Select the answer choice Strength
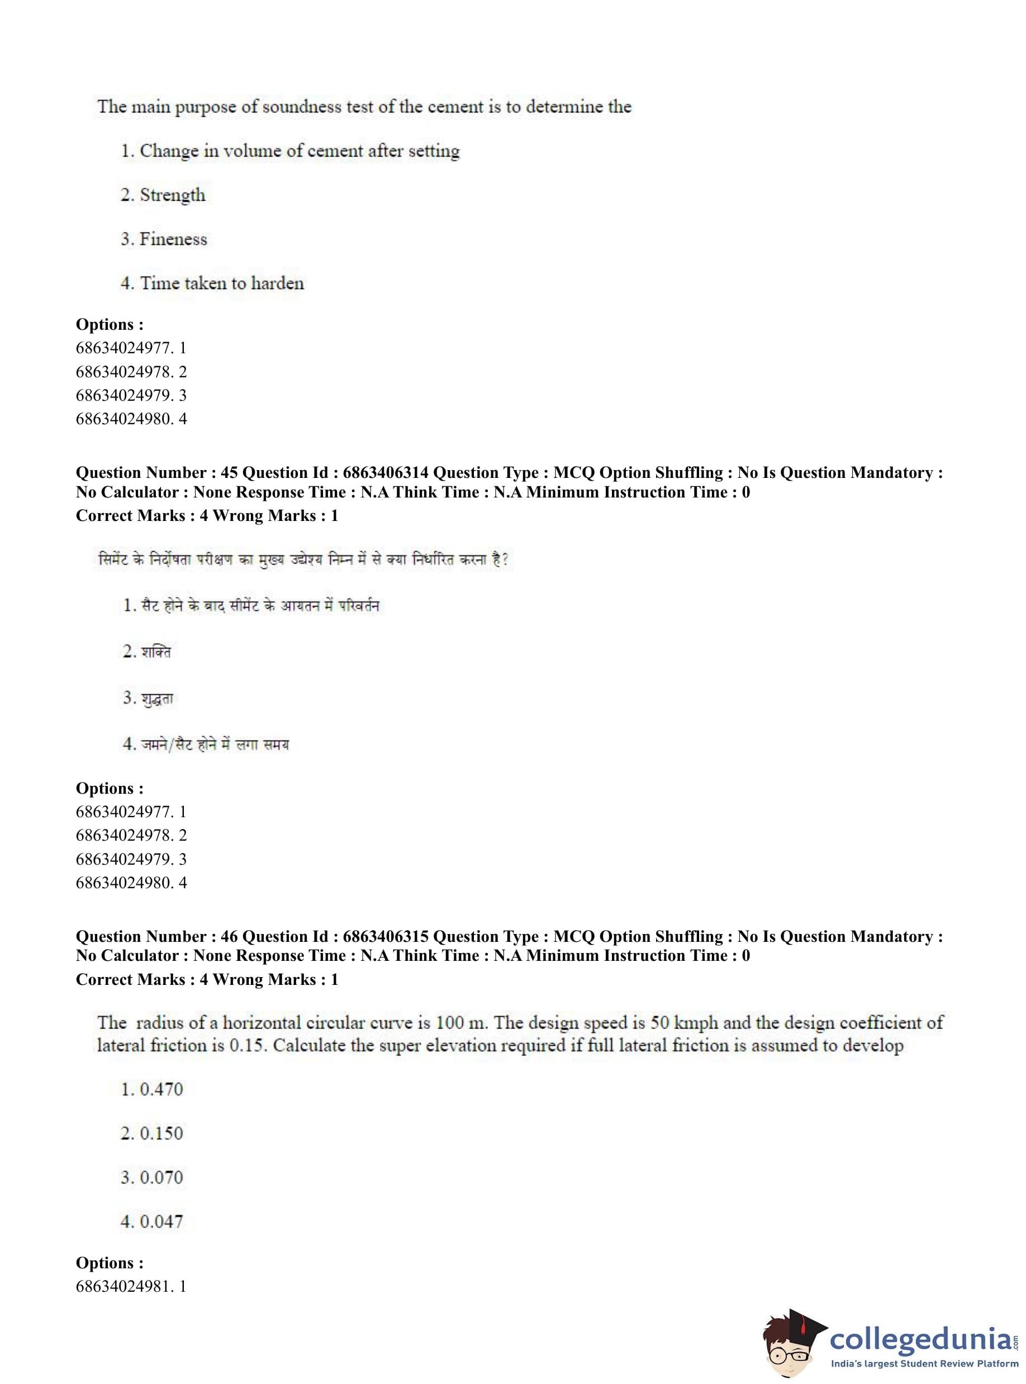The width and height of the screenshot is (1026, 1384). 172,195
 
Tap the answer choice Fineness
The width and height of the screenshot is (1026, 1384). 173,239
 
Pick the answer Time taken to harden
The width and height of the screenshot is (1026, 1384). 221,283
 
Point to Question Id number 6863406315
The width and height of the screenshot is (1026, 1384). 385,936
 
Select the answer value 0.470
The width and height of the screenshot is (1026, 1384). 161,1089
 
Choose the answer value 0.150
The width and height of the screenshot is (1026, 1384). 161,1133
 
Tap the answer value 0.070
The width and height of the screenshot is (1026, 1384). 161,1177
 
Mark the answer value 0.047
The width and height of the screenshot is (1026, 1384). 161,1221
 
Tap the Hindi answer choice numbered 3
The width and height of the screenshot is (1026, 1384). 157,698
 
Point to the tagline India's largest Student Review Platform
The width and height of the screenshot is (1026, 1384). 924,1363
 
